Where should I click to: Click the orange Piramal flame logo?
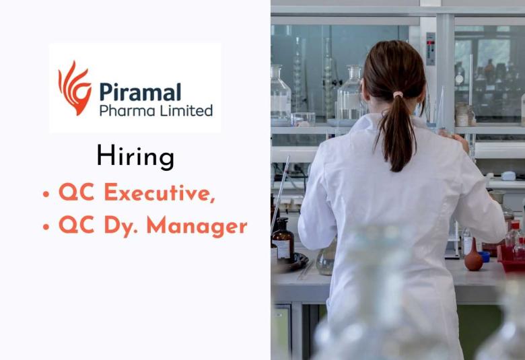pos(75,87)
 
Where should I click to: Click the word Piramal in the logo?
pos(140,92)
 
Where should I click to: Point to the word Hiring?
pos(135,156)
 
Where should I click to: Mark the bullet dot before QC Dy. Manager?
pos(46,227)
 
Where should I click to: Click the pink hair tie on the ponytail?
pos(398,95)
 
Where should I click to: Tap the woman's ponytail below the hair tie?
pos(398,135)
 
